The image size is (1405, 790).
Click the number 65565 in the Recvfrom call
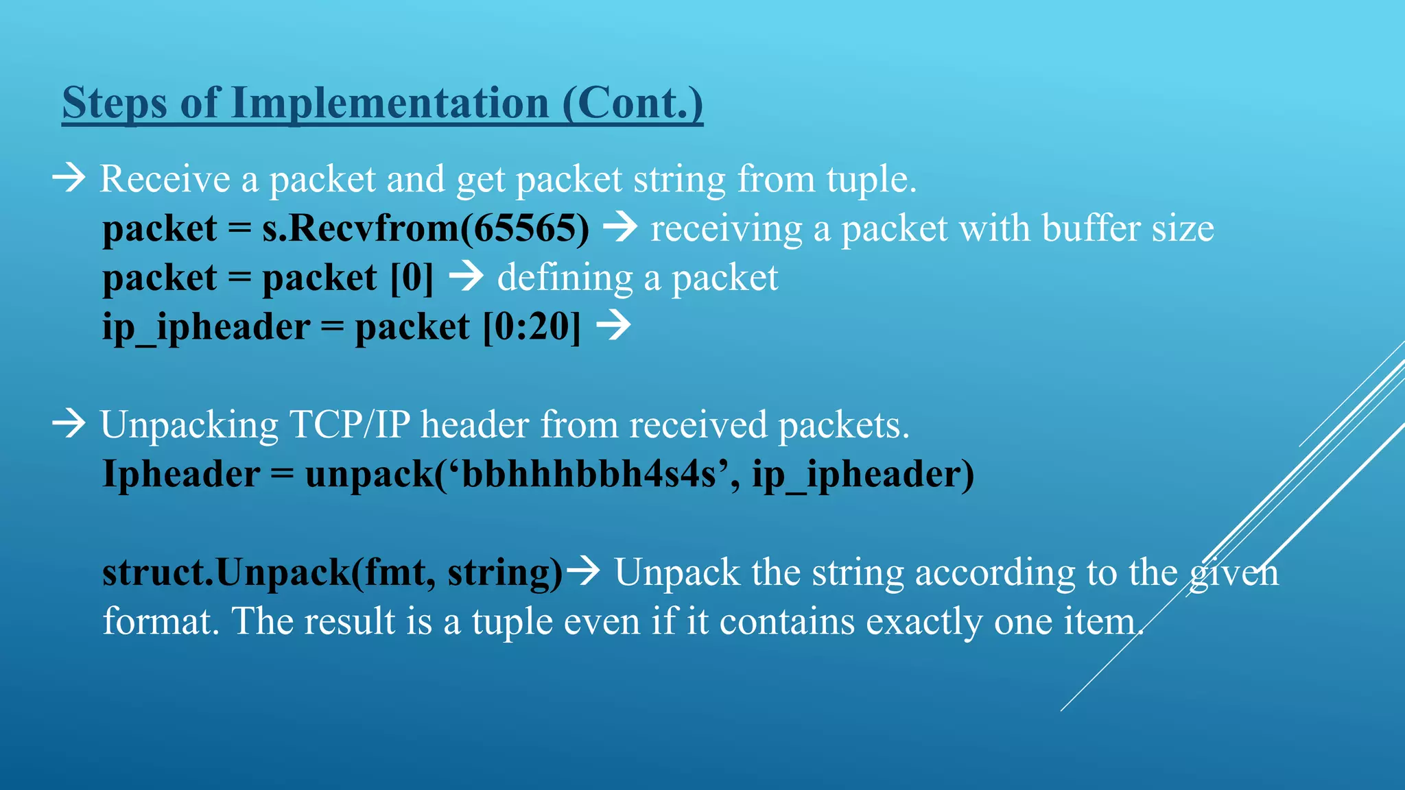[x=525, y=228]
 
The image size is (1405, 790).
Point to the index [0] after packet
[x=412, y=278]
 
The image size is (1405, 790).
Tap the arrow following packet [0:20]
[x=613, y=326]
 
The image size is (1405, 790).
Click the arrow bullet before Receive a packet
[x=69, y=178]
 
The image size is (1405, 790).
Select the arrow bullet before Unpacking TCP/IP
[x=69, y=424]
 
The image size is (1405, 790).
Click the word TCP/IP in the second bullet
[x=350, y=425]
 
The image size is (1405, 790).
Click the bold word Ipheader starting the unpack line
[x=181, y=474]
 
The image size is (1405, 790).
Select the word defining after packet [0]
[x=565, y=278]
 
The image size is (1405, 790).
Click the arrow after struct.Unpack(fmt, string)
[x=585, y=571]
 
